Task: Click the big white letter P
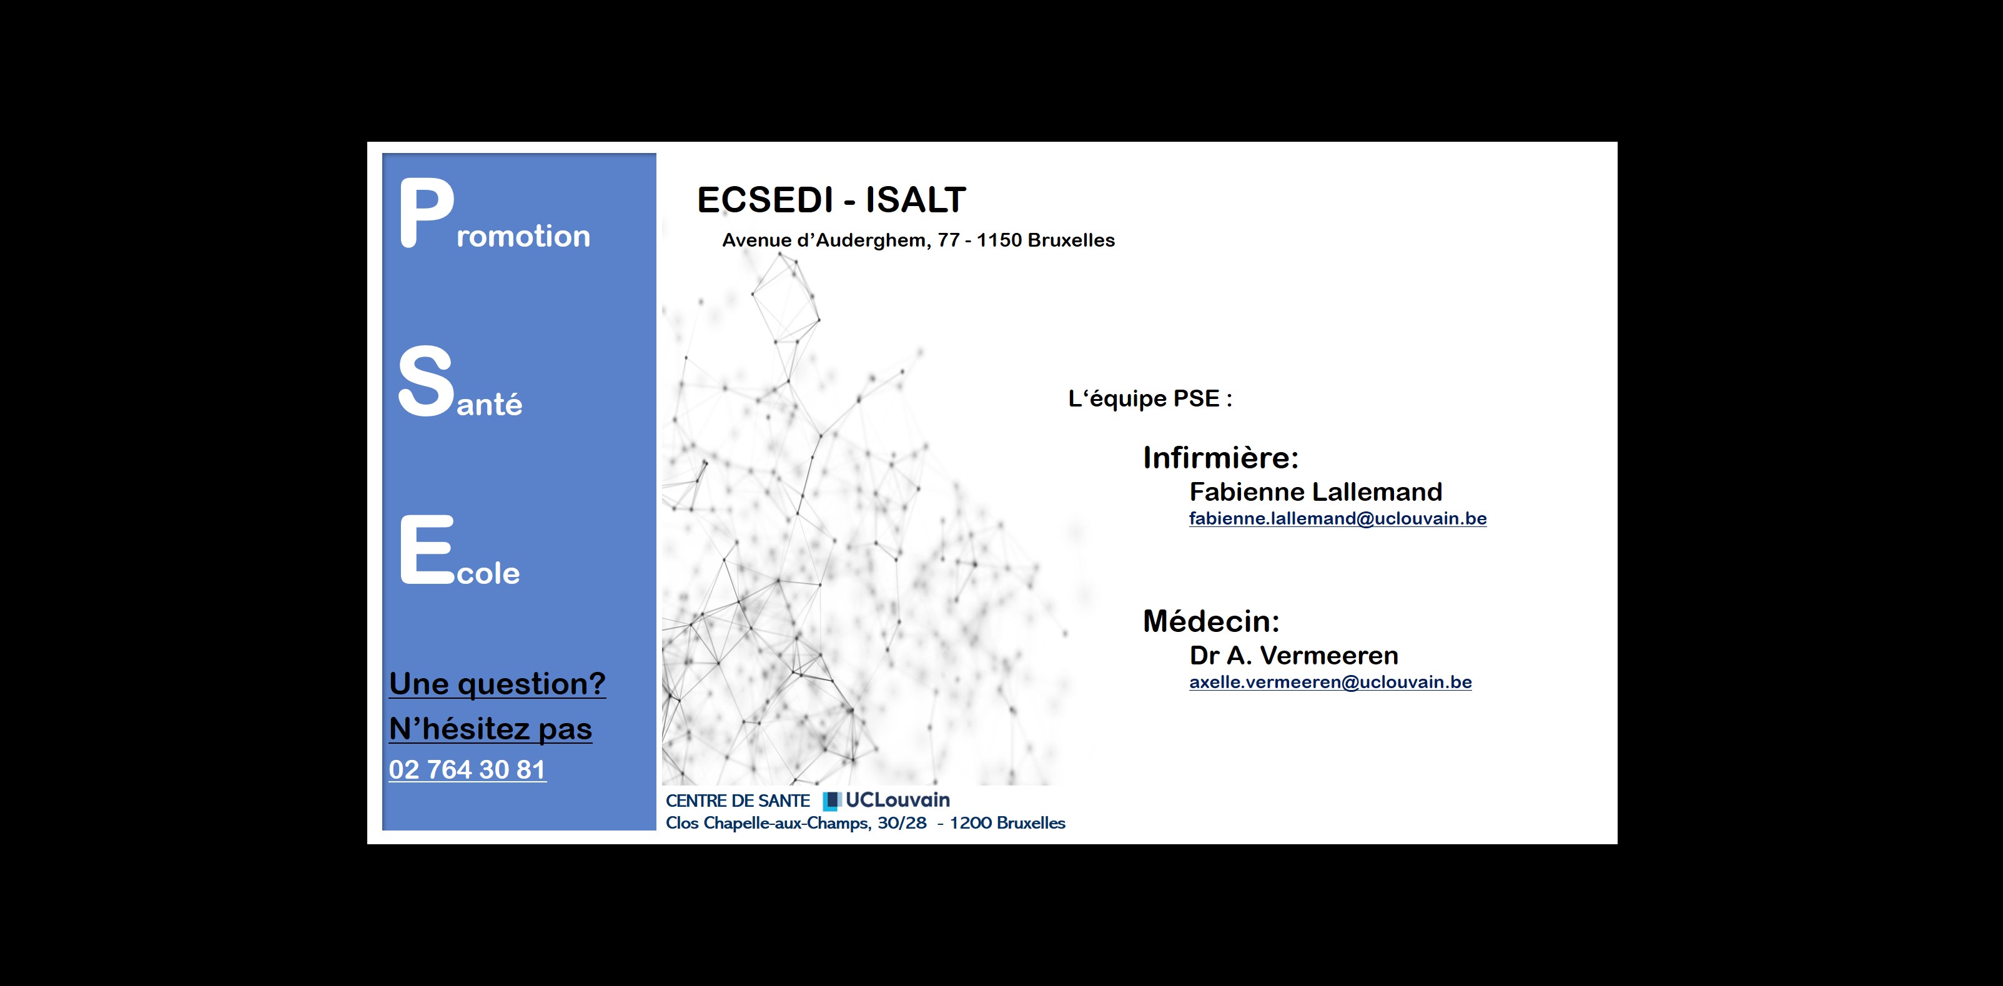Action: (426, 212)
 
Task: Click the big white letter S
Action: (425, 381)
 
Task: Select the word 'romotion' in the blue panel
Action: (523, 235)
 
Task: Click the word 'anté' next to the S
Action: (489, 403)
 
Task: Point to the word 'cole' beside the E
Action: (488, 573)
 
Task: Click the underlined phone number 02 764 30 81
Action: (467, 769)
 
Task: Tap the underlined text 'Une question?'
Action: (498, 684)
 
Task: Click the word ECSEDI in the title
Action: (764, 200)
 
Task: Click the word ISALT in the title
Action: (916, 200)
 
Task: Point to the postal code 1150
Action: (999, 240)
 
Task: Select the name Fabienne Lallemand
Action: (1315, 491)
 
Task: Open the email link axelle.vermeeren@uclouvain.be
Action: (1330, 682)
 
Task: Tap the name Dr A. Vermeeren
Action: (1294, 656)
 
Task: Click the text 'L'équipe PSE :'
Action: (1150, 399)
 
